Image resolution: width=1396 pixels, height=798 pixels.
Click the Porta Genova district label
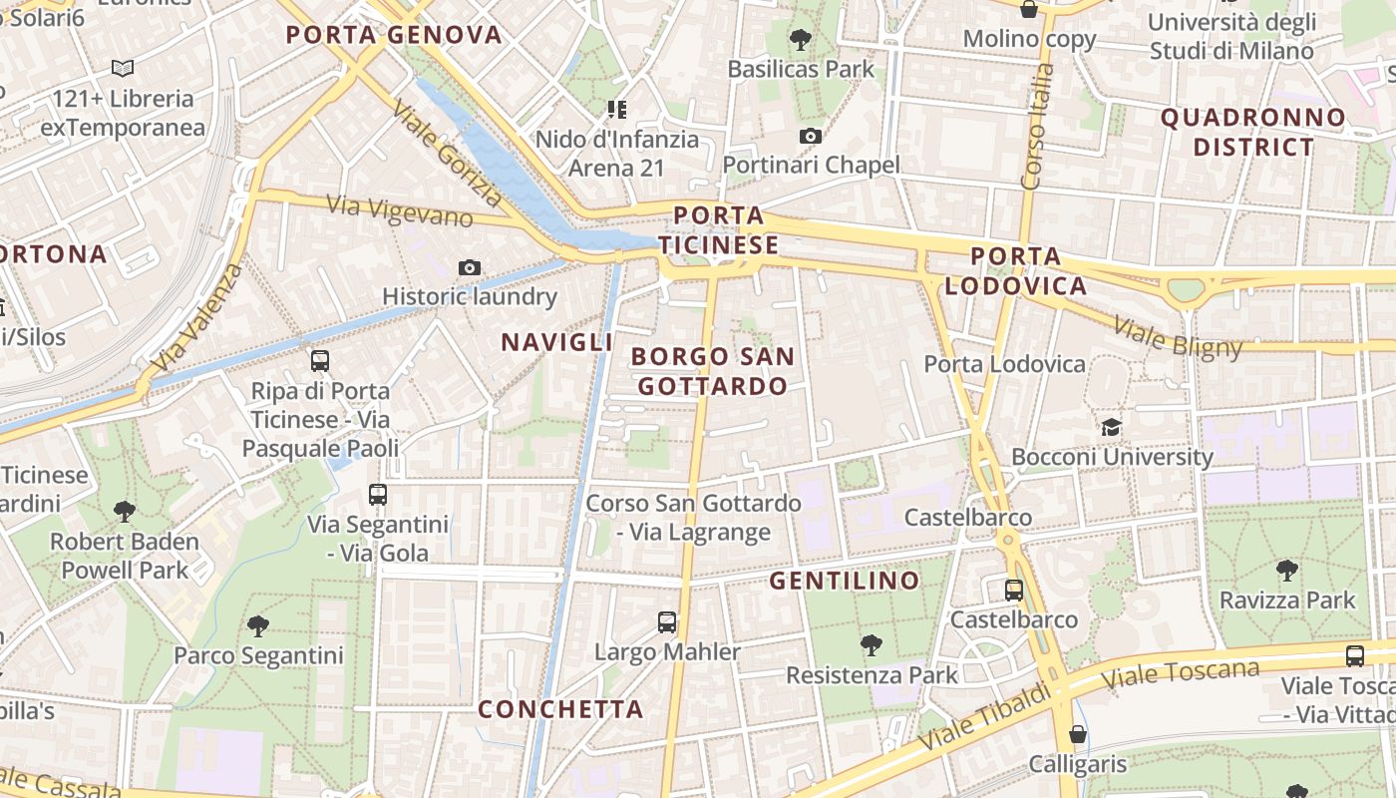pyautogui.click(x=394, y=35)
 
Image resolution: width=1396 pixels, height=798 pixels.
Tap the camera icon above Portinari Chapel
pyautogui.click(x=811, y=136)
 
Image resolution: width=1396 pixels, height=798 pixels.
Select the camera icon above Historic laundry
pyautogui.click(x=470, y=267)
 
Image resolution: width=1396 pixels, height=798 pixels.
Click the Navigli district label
pyautogui.click(x=556, y=342)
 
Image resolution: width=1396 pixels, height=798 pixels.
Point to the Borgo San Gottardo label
pyautogui.click(x=713, y=371)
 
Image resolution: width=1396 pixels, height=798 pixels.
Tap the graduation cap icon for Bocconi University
pyautogui.click(x=1111, y=428)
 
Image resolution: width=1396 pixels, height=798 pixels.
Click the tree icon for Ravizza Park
pyautogui.click(x=1287, y=571)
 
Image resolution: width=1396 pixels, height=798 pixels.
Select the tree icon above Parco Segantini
pyautogui.click(x=258, y=626)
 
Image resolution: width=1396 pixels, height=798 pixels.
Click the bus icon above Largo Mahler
pyautogui.click(x=667, y=622)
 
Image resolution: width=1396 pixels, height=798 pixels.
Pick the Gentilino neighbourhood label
pyautogui.click(x=845, y=581)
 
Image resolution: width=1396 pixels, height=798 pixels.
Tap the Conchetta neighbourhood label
pyautogui.click(x=560, y=709)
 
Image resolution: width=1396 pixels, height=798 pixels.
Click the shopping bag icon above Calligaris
pyautogui.click(x=1077, y=735)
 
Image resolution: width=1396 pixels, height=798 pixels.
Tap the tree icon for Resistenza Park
pyautogui.click(x=872, y=645)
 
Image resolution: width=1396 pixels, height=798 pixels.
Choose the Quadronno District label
pyautogui.click(x=1253, y=132)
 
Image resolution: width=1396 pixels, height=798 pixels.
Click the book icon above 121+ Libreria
pyautogui.click(x=123, y=69)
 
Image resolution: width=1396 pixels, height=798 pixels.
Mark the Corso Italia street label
pyautogui.click(x=1037, y=127)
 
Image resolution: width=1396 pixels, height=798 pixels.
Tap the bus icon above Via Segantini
pyautogui.click(x=377, y=494)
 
